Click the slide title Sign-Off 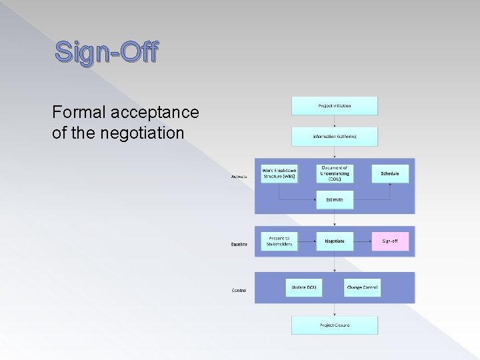(x=106, y=52)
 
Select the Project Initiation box (x=334, y=105)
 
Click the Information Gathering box (x=334, y=137)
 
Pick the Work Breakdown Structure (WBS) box (x=279, y=173)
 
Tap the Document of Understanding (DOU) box (x=335, y=173)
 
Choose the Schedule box (x=390, y=173)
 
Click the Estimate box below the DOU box (x=335, y=199)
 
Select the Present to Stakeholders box (x=279, y=241)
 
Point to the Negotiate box (x=335, y=241)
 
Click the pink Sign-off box (x=390, y=241)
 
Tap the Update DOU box (x=304, y=287)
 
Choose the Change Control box (x=362, y=287)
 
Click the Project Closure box (x=334, y=325)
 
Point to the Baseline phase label (x=239, y=245)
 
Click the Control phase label (x=239, y=291)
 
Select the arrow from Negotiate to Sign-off (x=362, y=241)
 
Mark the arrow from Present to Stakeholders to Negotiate (x=307, y=241)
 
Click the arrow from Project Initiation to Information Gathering (x=334, y=121)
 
